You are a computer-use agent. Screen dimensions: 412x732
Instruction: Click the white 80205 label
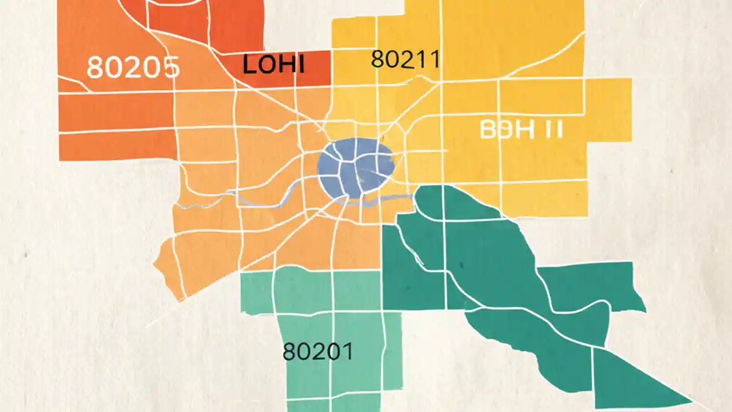pyautogui.click(x=133, y=68)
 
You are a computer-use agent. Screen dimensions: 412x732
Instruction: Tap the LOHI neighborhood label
pyautogui.click(x=273, y=64)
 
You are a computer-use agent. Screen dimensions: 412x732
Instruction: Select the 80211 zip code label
pyautogui.click(x=405, y=59)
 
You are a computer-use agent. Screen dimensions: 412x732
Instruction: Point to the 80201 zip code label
pyautogui.click(x=318, y=351)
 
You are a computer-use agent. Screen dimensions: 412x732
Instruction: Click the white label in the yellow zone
pyautogui.click(x=521, y=130)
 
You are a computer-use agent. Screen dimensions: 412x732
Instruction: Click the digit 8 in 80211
pyautogui.click(x=378, y=59)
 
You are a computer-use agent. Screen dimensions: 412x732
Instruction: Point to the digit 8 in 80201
pyautogui.click(x=291, y=351)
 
